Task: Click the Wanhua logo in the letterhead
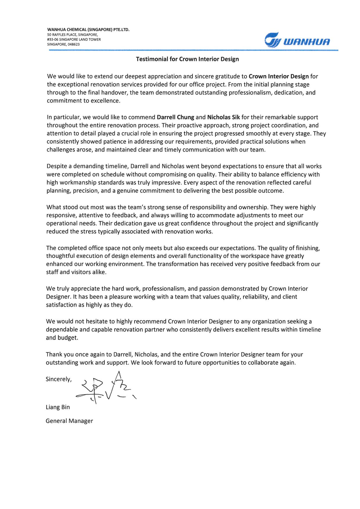(x=297, y=40)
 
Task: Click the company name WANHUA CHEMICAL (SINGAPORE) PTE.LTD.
(x=88, y=30)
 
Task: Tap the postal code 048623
(x=74, y=44)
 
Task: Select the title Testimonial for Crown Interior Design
(x=187, y=59)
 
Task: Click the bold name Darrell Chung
(x=175, y=117)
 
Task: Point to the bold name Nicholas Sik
(x=223, y=117)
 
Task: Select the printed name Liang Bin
(x=58, y=407)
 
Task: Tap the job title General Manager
(x=69, y=421)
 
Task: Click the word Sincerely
(x=58, y=379)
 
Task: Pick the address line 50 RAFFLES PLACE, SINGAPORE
(x=73, y=35)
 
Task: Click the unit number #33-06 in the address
(x=53, y=39)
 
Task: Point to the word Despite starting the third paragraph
(x=57, y=166)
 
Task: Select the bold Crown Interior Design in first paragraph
(x=279, y=76)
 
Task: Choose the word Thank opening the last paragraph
(x=54, y=354)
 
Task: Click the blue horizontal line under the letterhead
(x=193, y=50)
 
